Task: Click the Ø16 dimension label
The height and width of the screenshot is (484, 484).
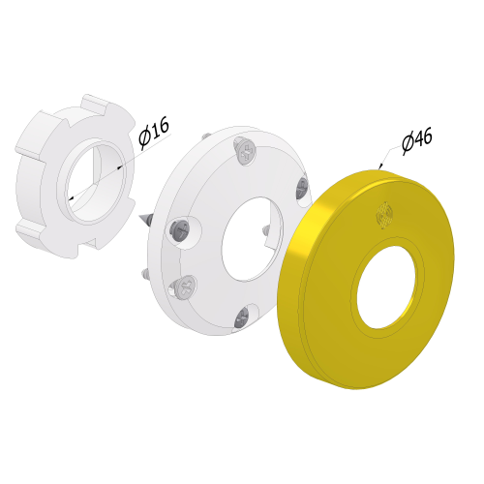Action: (x=154, y=133)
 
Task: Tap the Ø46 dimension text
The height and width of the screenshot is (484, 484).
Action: (x=416, y=140)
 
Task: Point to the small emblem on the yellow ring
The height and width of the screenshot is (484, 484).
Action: (x=384, y=216)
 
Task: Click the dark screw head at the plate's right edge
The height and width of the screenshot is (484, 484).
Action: (x=302, y=188)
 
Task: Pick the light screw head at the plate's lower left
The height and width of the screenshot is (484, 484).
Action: (x=186, y=287)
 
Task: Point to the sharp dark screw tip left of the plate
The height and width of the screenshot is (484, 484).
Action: (x=144, y=219)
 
